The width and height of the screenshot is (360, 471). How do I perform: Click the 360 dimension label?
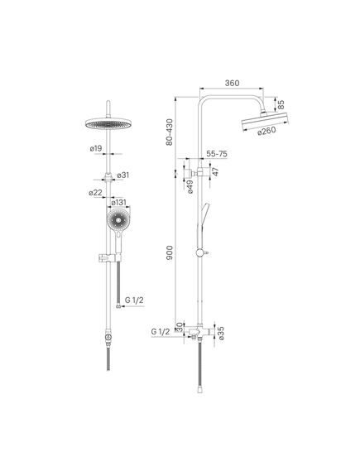pos(232,83)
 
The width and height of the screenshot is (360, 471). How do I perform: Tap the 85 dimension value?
pos(281,104)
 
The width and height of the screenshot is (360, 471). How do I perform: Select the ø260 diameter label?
pos(266,132)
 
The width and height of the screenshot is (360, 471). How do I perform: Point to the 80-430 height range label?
pos(170,132)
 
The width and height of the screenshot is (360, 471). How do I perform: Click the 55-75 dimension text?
pos(217,154)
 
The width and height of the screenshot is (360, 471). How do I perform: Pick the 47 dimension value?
pos(215,171)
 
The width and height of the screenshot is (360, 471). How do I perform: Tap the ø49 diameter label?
pos(190,186)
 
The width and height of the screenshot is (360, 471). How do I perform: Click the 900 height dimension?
pos(170,252)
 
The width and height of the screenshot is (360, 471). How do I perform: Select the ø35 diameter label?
pos(221,333)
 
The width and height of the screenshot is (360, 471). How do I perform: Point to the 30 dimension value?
pos(180,327)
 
